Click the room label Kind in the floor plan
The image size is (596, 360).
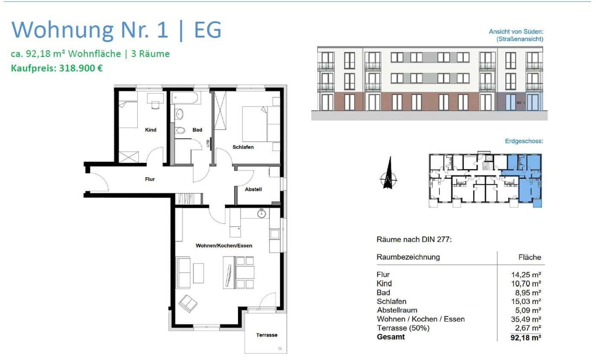point(150,130)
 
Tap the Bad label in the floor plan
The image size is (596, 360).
point(197,130)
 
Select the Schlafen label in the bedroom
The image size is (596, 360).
point(243,147)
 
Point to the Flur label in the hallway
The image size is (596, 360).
point(150,179)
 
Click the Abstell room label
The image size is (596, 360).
point(253,189)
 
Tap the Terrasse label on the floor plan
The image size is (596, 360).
point(267,335)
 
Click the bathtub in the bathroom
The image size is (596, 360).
point(186,97)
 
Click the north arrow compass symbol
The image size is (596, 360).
point(388,174)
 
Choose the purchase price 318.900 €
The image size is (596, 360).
point(57,68)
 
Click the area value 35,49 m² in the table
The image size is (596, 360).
point(527,319)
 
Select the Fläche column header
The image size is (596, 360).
point(529,257)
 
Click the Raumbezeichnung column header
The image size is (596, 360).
point(408,257)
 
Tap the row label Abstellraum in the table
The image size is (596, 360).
point(396,310)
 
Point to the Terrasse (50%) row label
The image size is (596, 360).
point(403,328)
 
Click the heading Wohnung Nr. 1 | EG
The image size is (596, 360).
point(117,30)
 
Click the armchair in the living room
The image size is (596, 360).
point(188,304)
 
